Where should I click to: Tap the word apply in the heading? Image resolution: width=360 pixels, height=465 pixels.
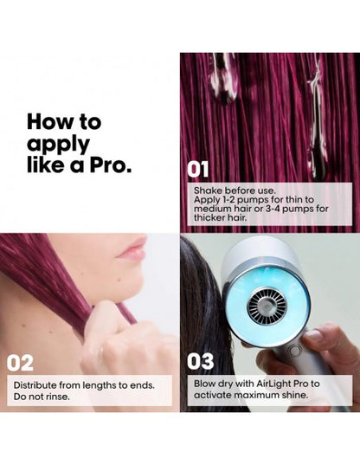(x=58, y=145)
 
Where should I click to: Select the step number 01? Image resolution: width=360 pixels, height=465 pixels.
(x=198, y=170)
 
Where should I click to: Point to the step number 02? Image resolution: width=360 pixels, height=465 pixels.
(x=20, y=364)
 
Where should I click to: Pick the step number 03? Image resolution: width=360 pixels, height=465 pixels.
(x=200, y=361)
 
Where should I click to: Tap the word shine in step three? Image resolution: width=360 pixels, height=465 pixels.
(x=295, y=396)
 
